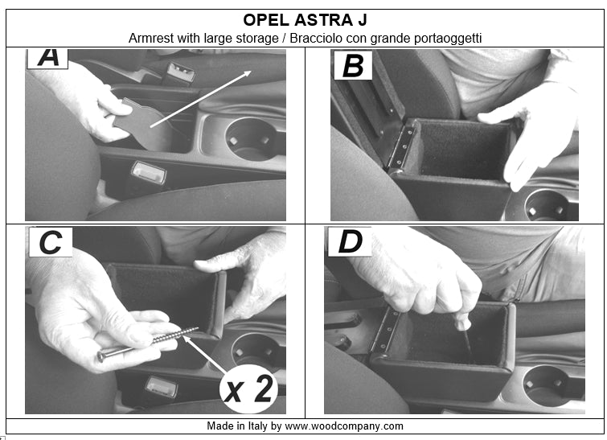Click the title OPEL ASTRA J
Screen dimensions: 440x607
click(x=304, y=19)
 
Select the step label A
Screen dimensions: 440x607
click(x=47, y=57)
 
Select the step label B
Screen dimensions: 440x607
click(x=352, y=65)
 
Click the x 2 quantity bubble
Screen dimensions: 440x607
click(x=249, y=389)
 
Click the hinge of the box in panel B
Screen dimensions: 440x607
click(x=399, y=145)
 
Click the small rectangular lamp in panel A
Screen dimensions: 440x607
click(x=149, y=172)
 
